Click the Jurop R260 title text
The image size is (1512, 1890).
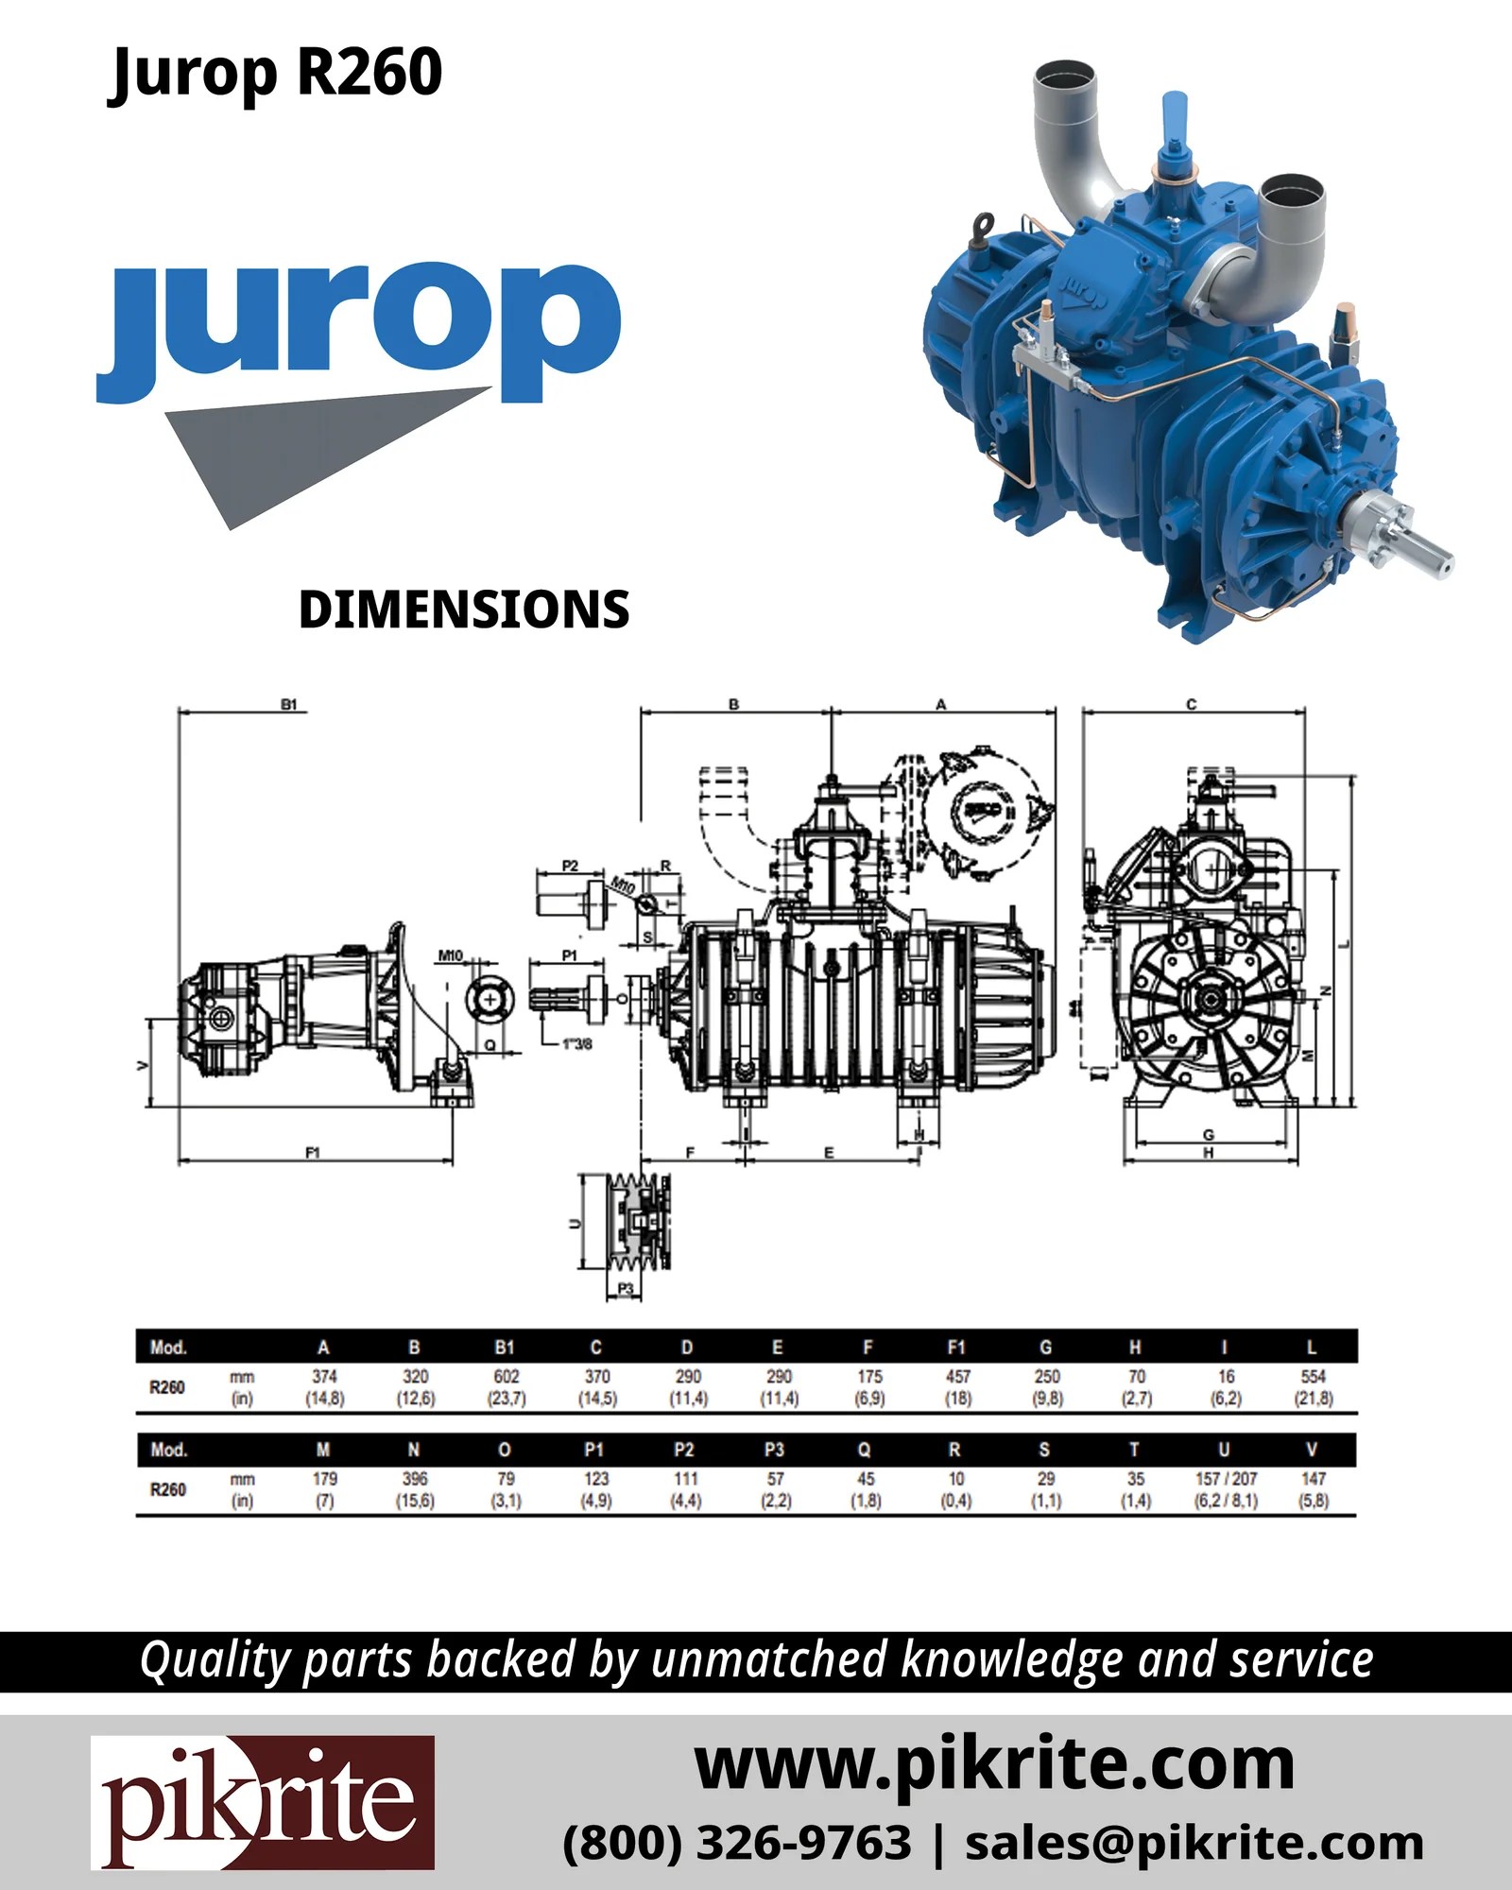274,74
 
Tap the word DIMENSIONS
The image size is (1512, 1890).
463,610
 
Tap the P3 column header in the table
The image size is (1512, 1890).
774,1450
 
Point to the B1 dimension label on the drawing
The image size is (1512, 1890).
289,705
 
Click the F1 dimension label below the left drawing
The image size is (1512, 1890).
313,1153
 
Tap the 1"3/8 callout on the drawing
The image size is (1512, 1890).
576,1044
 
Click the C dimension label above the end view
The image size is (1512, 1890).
1191,705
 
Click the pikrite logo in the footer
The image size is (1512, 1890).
263,1802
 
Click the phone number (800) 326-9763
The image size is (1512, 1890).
737,1843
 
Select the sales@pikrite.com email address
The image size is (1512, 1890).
1194,1843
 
